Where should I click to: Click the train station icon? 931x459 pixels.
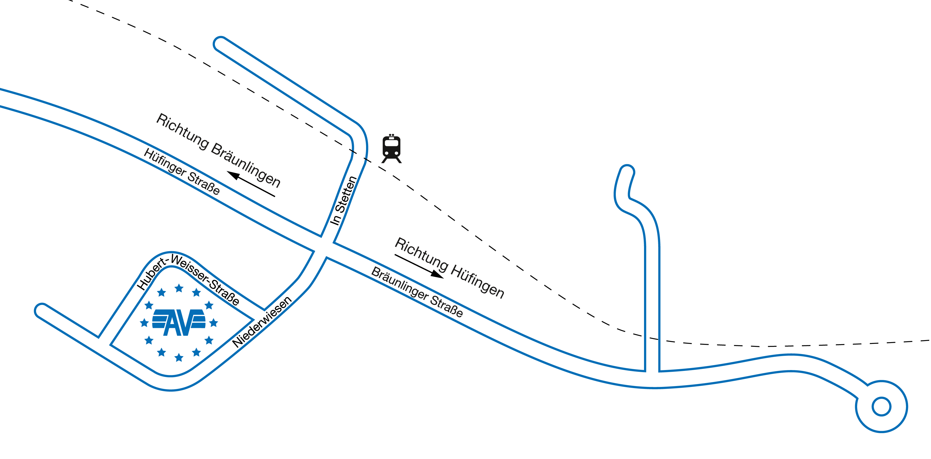391,149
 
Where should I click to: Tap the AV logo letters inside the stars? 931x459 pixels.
179,322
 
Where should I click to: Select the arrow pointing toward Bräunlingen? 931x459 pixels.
251,184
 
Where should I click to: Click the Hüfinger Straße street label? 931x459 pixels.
182,171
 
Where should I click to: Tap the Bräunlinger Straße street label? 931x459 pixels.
417,292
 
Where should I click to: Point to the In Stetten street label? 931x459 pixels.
344,201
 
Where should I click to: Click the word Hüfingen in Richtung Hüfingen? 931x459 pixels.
477,282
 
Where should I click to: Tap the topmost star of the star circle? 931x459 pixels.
179,288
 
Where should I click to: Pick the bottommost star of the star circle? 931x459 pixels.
179,358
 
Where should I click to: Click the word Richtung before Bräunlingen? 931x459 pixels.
183,132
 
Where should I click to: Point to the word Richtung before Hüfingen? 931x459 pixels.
421,254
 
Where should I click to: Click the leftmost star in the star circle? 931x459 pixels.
144,322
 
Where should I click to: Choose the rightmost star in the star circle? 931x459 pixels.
214,322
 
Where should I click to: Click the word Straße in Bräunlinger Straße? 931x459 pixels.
446,307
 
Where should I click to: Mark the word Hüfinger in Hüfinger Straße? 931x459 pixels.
165,162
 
